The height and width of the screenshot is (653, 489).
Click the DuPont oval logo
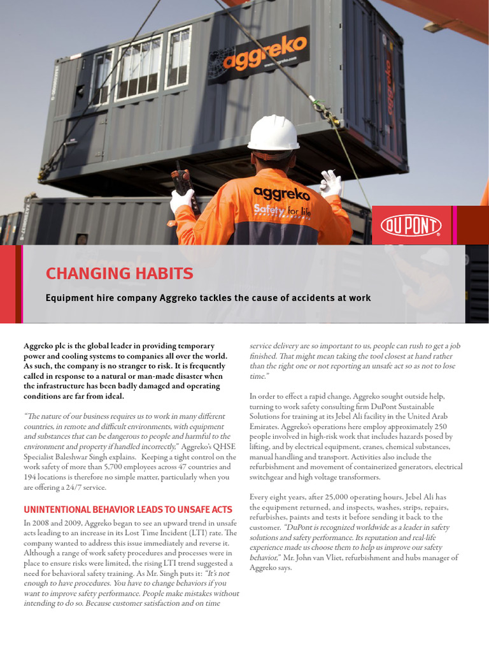point(411,225)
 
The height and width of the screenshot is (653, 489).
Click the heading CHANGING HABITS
point(119,274)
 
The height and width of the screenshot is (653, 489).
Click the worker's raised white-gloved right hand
point(331,184)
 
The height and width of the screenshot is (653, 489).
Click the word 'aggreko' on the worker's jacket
point(281,193)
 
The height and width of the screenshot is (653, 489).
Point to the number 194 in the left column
point(31,477)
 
